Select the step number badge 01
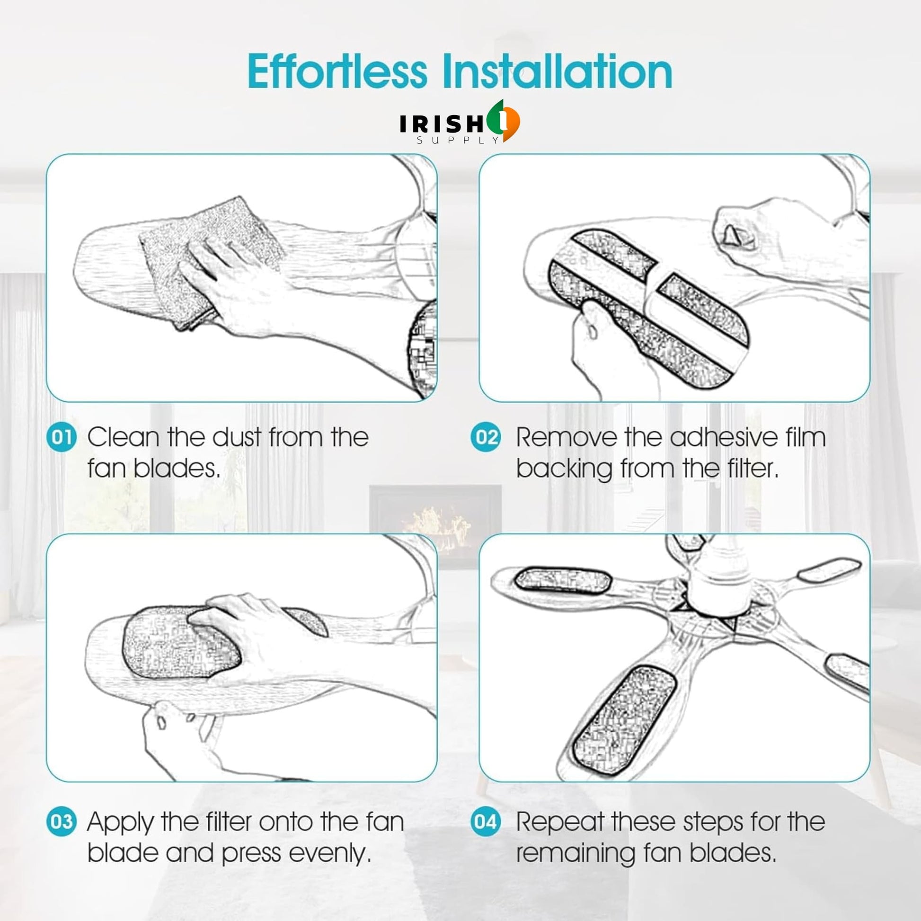[62, 437]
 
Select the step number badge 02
[486, 437]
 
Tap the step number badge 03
[62, 821]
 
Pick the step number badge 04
[486, 821]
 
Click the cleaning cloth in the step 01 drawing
[210, 257]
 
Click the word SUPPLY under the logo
[458, 140]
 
